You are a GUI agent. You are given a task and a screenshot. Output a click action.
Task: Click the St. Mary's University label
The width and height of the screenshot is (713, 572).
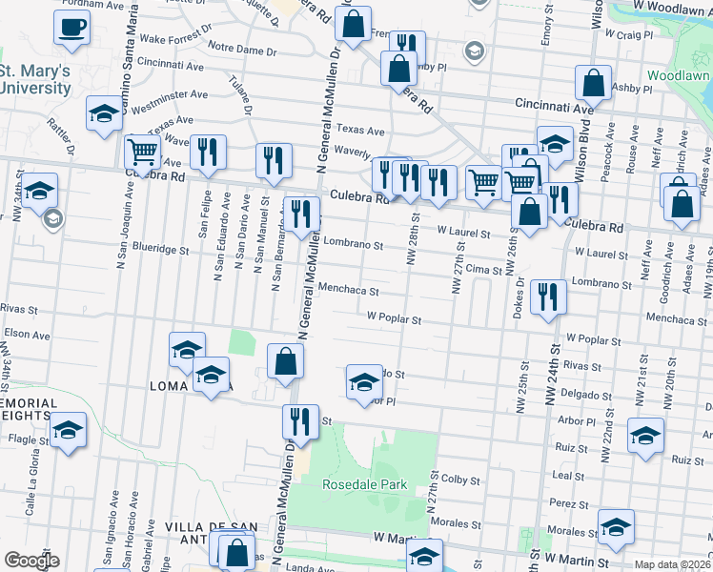pos(35,79)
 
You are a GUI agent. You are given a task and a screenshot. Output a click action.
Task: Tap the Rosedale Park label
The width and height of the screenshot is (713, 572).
pos(364,484)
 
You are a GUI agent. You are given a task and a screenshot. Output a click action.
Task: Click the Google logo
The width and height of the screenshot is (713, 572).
pos(31,561)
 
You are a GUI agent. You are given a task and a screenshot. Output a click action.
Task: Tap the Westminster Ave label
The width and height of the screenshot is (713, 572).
pos(169,95)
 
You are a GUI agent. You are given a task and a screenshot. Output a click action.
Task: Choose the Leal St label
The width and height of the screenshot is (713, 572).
pos(567,474)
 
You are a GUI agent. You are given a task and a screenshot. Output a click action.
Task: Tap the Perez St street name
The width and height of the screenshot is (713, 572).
pos(567,501)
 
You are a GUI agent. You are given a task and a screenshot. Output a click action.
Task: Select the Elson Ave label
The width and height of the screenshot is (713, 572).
pos(27,335)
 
